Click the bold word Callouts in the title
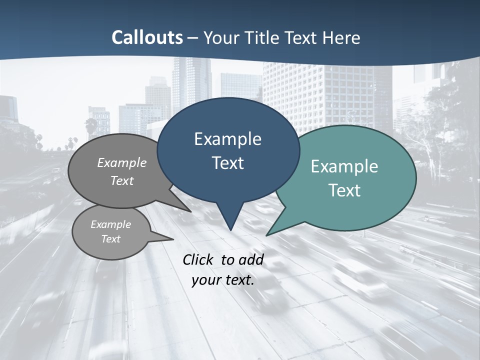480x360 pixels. click(147, 37)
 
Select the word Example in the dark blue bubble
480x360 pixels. click(227, 139)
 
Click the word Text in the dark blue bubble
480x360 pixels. click(227, 163)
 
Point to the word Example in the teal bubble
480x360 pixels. click(344, 166)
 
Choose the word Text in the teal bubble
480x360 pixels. click(344, 190)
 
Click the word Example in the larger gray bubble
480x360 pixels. click(122, 163)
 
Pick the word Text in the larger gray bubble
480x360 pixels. click(122, 180)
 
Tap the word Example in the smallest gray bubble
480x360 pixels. click(110, 224)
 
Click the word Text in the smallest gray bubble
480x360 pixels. click(110, 239)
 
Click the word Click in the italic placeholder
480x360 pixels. click(199, 259)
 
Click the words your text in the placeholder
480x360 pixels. click(223, 280)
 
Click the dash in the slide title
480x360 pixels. click(193, 37)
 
